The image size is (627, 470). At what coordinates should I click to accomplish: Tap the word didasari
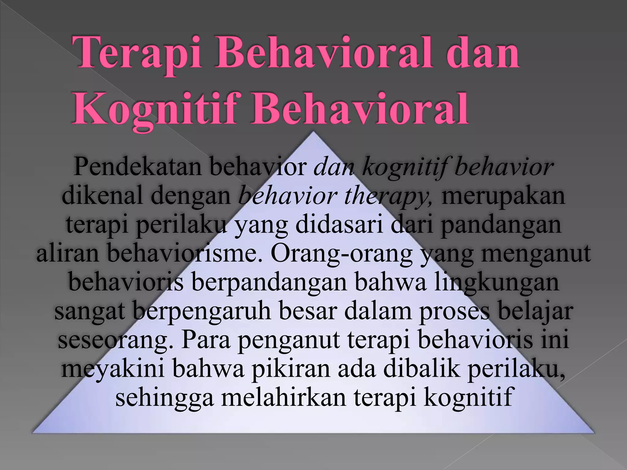[339, 225]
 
